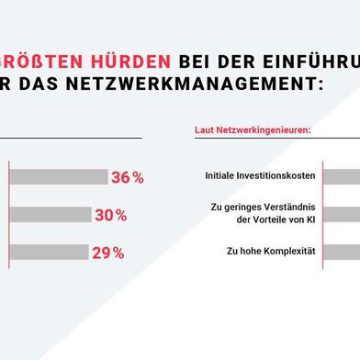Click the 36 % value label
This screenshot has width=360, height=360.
127,178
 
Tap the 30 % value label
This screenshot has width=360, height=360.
111,216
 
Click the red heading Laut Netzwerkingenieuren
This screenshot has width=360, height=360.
253,130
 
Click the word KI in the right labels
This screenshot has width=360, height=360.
309,219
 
